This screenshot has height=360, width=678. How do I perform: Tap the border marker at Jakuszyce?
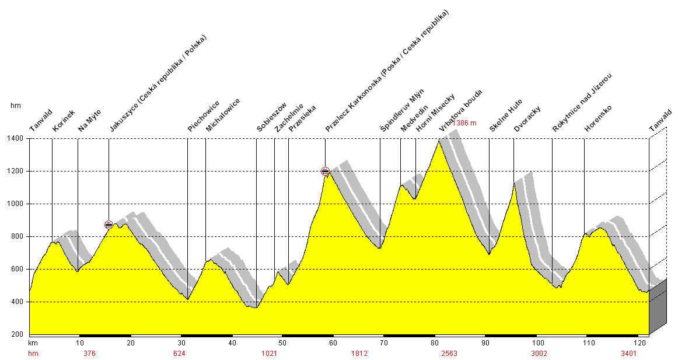tap(109, 225)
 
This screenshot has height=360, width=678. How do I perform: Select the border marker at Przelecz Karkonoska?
tap(325, 171)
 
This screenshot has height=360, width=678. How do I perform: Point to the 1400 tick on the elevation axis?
tap(15, 139)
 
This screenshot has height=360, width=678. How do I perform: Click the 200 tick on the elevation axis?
tap(17, 334)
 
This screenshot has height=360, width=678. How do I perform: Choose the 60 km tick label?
tap(333, 343)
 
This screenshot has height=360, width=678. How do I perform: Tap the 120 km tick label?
tap(642, 343)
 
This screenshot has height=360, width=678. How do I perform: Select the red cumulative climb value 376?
tap(89, 354)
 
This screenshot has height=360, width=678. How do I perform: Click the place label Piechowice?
tap(204, 116)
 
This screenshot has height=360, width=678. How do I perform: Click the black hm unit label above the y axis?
tap(16, 106)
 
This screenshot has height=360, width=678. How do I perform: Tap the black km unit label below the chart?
tap(33, 343)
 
